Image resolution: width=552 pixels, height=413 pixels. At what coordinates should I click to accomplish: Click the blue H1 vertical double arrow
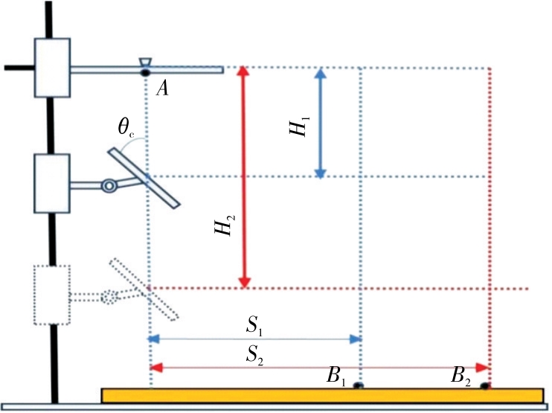pos(320,123)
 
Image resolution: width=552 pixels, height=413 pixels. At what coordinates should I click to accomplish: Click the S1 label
pos(255,326)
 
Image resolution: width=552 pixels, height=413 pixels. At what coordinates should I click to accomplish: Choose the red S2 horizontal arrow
pos(320,368)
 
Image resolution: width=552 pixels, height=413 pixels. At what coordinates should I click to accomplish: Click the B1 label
pos(334,376)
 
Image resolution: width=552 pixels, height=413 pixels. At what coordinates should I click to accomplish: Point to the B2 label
pos(462,376)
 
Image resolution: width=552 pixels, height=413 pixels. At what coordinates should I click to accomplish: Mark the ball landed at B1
pos(358,385)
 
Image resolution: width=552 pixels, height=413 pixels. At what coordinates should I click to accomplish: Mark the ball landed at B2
pos(485,385)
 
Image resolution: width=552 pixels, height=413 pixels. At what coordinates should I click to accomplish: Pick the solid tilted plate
pos(143,178)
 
